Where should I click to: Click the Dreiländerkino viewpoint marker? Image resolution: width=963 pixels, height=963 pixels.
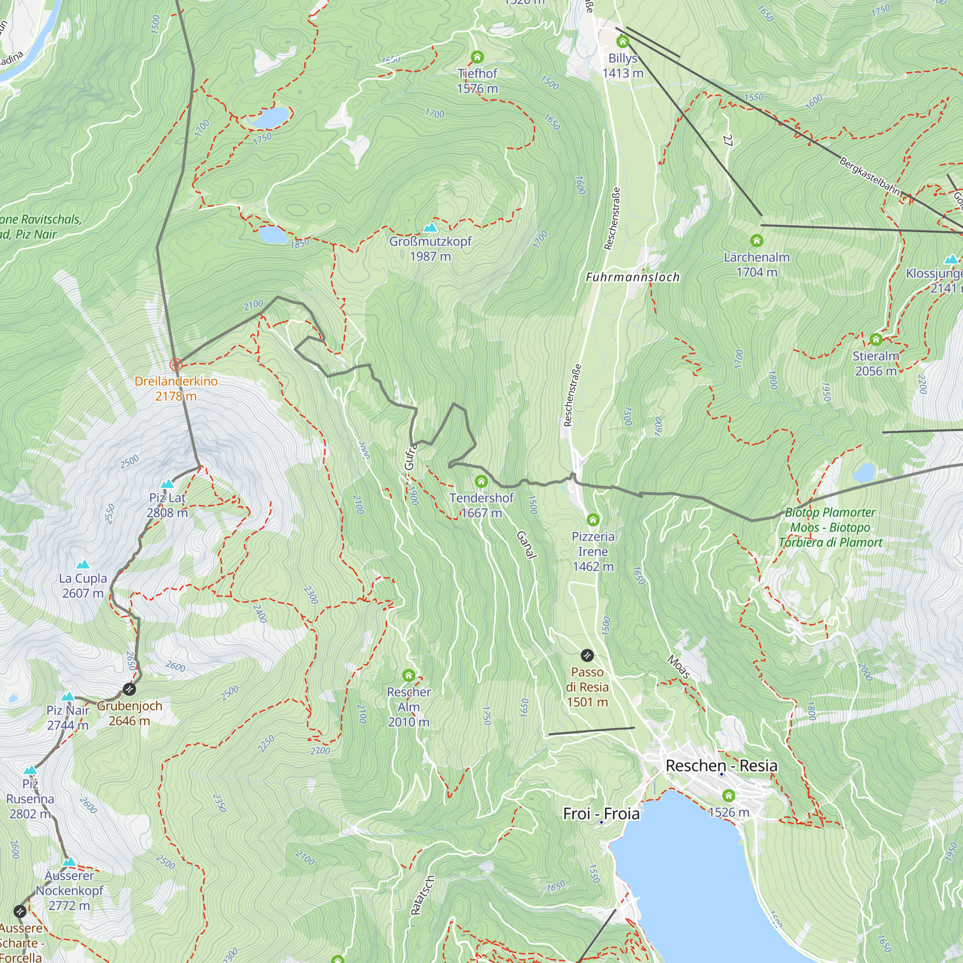point(175,364)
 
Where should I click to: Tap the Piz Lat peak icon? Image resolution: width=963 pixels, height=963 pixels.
point(168,483)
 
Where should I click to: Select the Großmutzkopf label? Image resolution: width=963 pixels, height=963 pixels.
point(430,249)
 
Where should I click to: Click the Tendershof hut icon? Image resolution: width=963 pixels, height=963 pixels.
point(481,481)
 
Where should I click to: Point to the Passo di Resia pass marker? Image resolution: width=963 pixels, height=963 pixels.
point(587,655)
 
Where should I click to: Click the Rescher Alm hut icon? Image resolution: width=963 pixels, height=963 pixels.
point(409,676)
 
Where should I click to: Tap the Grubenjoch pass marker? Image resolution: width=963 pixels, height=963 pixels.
point(129,690)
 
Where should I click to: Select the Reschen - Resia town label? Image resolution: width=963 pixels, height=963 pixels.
point(721,766)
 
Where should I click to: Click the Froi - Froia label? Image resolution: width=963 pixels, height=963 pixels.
point(601,813)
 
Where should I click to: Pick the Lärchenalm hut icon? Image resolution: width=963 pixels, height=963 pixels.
point(756,241)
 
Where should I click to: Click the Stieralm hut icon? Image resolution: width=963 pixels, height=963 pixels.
point(876,339)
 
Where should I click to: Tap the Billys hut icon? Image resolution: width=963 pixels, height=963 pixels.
point(622,41)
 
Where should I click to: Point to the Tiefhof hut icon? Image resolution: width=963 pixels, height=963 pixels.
point(477,56)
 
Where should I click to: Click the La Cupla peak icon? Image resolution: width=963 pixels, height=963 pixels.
point(83,564)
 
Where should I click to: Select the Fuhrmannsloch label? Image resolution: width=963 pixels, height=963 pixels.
point(633,277)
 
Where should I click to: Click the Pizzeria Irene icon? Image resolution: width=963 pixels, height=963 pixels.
point(593,520)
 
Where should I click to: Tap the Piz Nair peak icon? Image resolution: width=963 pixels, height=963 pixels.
point(68,696)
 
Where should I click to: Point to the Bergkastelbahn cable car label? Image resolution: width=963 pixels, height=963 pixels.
point(869,177)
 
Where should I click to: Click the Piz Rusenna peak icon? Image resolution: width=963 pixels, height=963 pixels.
point(30,770)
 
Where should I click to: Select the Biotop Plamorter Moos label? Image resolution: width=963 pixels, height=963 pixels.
point(830,527)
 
